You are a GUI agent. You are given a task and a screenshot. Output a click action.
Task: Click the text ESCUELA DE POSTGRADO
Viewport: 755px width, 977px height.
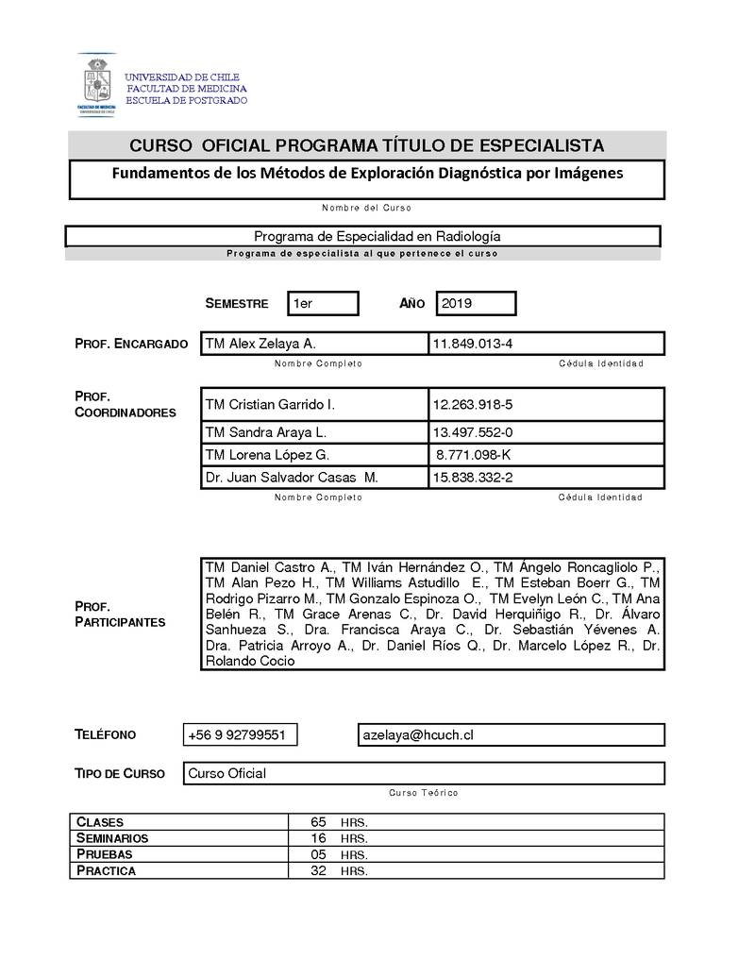tap(187, 100)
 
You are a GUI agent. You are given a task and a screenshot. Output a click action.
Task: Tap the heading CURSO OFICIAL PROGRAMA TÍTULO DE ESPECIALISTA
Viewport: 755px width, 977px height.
tap(366, 145)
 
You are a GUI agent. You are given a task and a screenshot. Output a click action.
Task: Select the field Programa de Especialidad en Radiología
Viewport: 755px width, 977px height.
tap(363, 236)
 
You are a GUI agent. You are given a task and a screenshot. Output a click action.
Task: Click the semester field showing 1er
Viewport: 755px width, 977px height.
tap(322, 303)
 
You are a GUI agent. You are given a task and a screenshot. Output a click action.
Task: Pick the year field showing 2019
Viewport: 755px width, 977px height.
tap(476, 303)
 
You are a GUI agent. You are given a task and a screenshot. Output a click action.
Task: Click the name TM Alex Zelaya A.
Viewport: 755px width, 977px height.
tap(260, 344)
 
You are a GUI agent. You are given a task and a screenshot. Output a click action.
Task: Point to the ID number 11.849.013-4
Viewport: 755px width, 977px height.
tap(473, 344)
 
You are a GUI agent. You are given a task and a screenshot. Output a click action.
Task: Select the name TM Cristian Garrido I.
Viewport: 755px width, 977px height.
tap(270, 404)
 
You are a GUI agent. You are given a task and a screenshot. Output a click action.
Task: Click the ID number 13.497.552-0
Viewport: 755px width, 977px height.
tap(473, 432)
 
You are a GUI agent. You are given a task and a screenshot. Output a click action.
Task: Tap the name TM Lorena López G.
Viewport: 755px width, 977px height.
tap(266, 455)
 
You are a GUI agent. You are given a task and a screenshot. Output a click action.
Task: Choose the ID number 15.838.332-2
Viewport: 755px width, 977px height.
tap(473, 478)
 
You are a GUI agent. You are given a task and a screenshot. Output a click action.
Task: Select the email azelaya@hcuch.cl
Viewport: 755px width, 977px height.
tap(418, 734)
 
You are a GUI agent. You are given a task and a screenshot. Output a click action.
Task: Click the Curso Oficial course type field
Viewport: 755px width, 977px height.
tap(227, 773)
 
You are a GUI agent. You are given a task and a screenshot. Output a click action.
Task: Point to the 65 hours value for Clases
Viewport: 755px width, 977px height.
tap(318, 822)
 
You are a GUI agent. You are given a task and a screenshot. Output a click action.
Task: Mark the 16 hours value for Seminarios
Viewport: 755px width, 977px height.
tap(318, 838)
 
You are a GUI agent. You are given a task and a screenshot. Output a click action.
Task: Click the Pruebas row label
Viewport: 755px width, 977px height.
tap(104, 854)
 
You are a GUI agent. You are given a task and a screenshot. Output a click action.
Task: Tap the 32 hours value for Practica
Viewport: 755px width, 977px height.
tap(318, 870)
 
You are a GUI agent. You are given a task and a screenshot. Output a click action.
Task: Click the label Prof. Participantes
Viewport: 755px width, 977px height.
tap(120, 614)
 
